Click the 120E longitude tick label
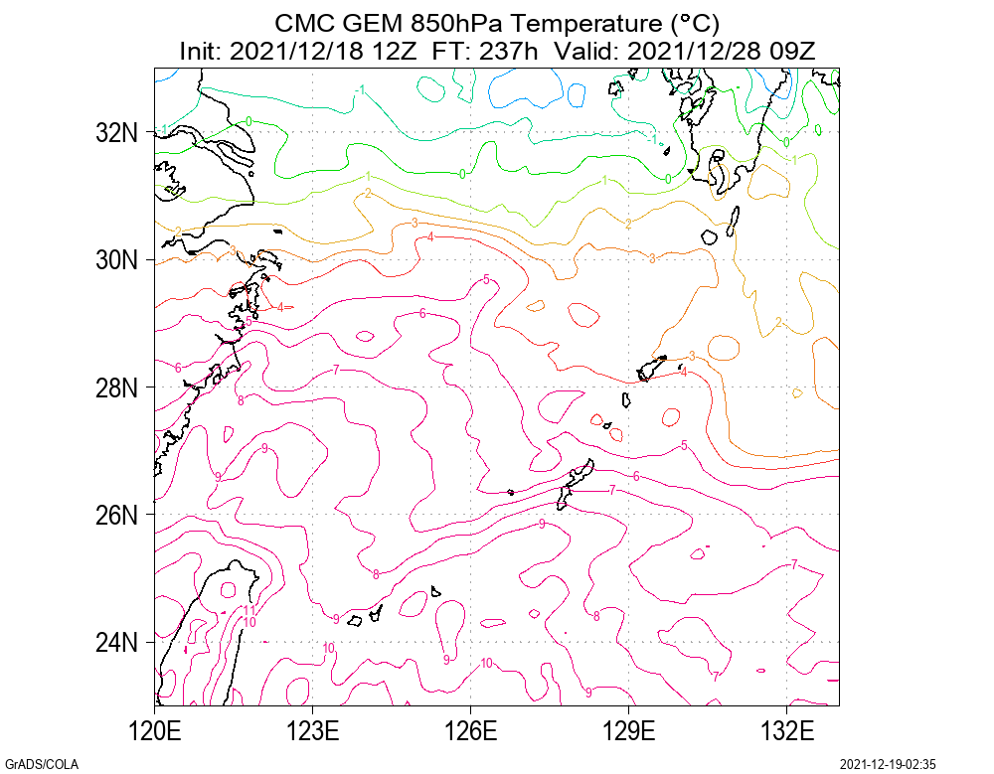click(x=155, y=733)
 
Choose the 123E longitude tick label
click(x=313, y=733)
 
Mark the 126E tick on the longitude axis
click(x=471, y=733)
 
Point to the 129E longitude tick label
click(x=629, y=733)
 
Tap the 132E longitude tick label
click(x=787, y=733)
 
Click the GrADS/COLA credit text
click(x=41, y=764)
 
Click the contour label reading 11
click(x=249, y=610)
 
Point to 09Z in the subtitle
click(x=793, y=50)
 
